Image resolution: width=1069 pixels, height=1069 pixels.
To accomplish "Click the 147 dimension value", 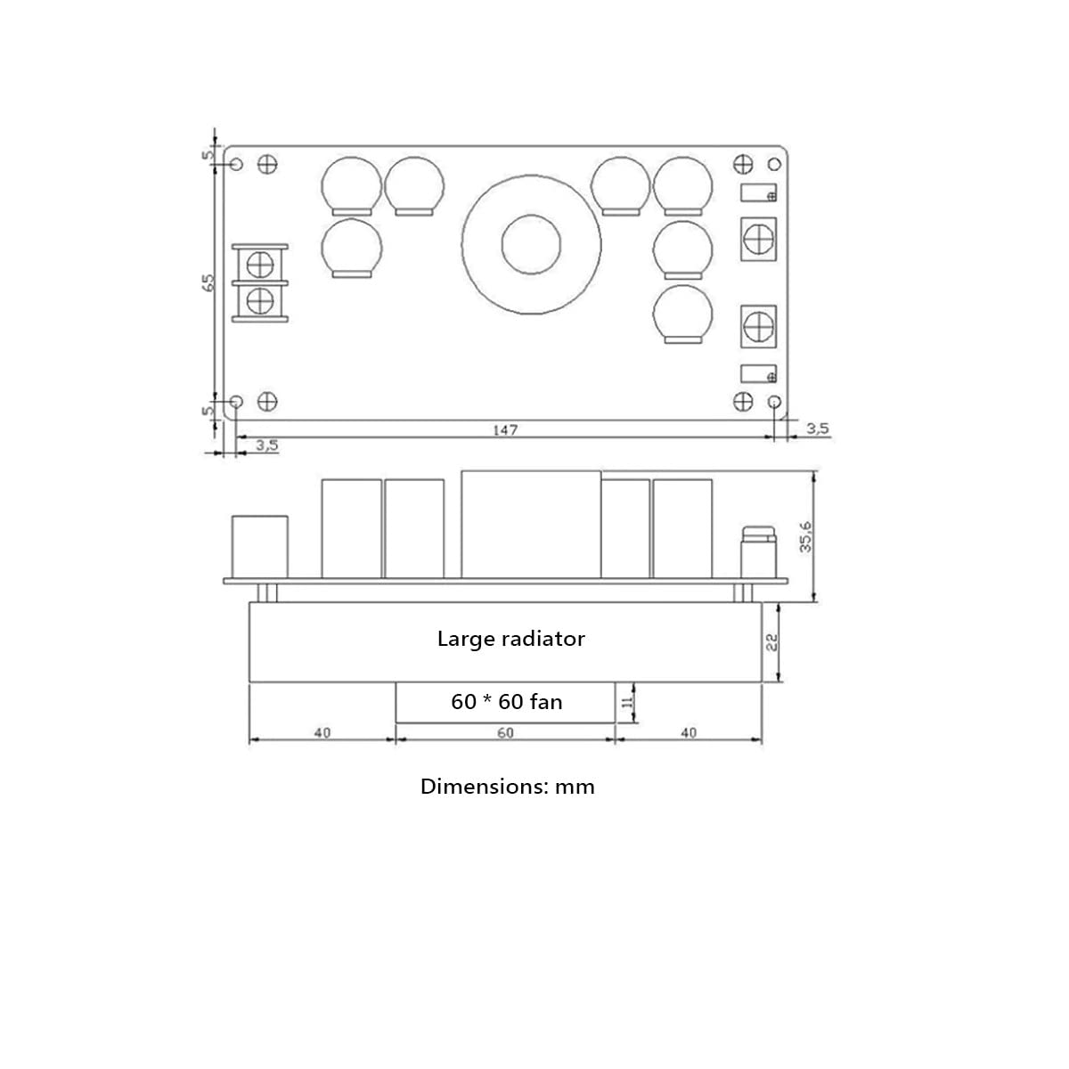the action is (505, 430).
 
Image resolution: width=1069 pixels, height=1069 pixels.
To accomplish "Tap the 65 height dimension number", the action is (208, 283).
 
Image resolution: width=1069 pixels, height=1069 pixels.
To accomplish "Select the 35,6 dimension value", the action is (805, 536).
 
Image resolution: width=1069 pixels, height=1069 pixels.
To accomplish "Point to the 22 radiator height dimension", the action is (771, 641).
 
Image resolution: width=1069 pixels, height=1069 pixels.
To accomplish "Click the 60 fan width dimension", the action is (505, 733).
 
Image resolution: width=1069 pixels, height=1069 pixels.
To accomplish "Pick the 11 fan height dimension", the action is (627, 702).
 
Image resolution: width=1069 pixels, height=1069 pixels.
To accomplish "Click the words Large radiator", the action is (511, 639).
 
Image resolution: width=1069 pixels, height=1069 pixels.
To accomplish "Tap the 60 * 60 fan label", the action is (507, 702).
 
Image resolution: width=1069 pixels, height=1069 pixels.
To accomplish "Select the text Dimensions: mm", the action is (507, 787).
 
